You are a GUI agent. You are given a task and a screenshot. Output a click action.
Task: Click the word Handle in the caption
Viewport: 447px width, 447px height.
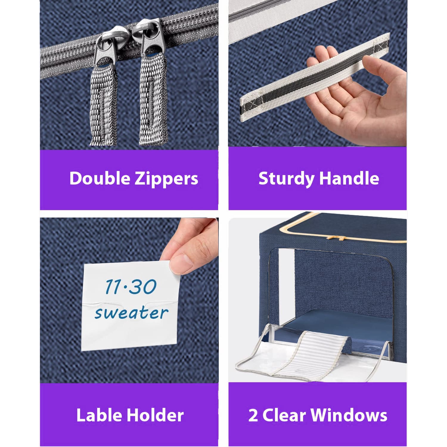pyautogui.click(x=349, y=178)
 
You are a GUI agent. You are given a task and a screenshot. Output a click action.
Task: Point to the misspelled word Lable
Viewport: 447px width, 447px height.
pyautogui.click(x=100, y=415)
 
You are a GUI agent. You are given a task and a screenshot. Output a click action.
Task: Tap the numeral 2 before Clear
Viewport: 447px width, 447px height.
pyautogui.click(x=253, y=415)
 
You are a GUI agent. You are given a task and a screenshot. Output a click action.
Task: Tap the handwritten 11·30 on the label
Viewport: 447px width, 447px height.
pyautogui.click(x=131, y=287)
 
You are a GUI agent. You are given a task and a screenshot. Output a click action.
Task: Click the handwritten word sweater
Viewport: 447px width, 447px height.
pyautogui.click(x=131, y=312)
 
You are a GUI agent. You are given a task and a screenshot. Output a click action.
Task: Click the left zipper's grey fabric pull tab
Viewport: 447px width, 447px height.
pyautogui.click(x=103, y=104)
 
